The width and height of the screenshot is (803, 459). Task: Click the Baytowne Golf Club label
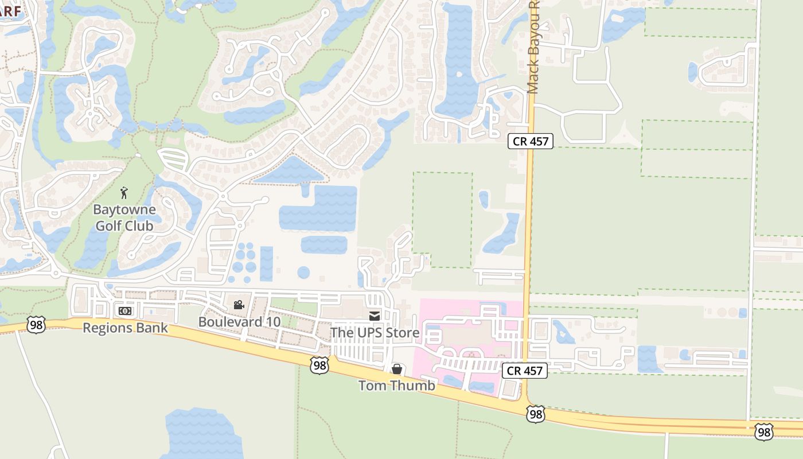point(124,217)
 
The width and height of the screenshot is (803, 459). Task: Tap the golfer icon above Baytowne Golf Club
point(124,193)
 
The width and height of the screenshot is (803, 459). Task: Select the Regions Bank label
point(126,328)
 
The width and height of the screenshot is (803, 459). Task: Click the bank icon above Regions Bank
point(124,311)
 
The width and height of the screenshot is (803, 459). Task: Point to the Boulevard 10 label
point(239,322)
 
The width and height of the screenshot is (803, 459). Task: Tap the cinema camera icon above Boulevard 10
point(239,305)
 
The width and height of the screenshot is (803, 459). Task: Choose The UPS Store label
point(375,333)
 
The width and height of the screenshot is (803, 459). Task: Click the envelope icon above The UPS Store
point(375,316)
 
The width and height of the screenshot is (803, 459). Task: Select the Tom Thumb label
point(396,386)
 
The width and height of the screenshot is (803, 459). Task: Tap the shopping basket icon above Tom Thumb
point(396,369)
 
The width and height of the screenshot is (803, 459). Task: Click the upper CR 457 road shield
point(530,141)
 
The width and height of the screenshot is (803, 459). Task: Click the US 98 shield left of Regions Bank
point(36,324)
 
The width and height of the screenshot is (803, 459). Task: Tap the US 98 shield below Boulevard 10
point(319,365)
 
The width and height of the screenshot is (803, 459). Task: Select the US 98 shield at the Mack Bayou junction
point(535,414)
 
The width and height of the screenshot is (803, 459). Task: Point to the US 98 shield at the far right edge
point(764,431)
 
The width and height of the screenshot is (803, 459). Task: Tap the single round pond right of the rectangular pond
point(303,272)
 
